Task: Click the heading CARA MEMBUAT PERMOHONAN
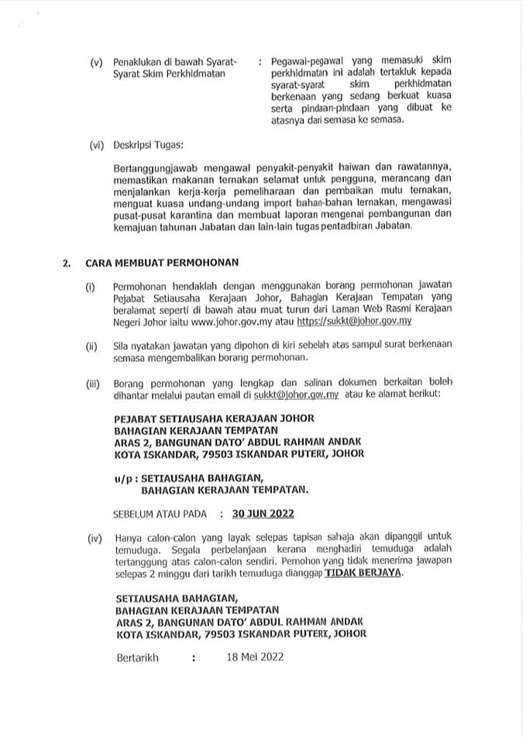click(x=162, y=263)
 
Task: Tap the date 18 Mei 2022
click(x=255, y=657)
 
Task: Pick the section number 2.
click(x=67, y=263)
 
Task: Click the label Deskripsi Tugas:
click(x=147, y=144)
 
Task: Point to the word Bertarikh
click(x=136, y=657)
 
